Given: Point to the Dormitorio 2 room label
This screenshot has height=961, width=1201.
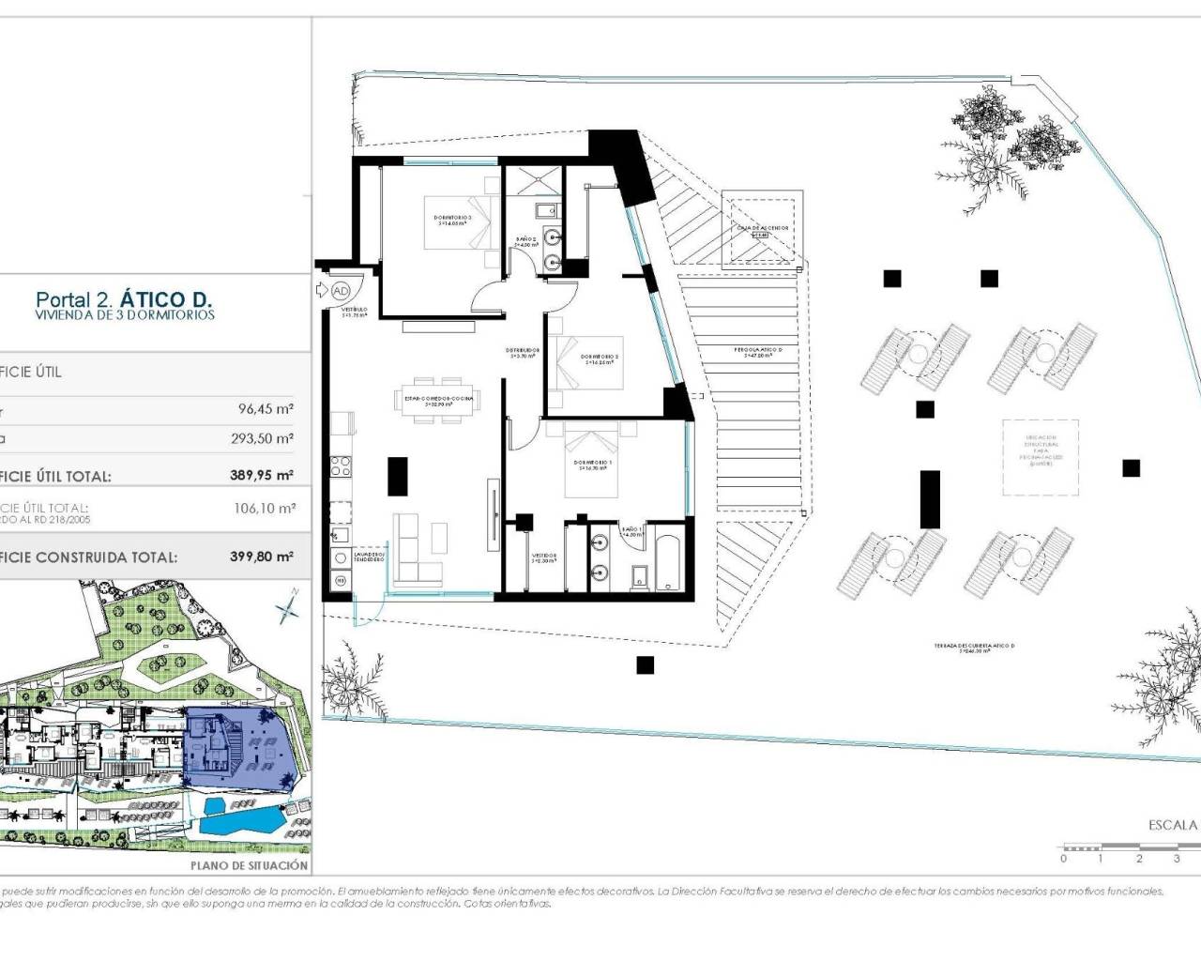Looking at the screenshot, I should point(599,358).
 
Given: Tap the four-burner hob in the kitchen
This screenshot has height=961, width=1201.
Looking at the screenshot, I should point(340,465).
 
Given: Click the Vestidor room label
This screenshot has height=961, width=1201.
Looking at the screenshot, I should point(543,557).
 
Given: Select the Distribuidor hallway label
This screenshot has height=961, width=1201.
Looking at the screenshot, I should point(523,353).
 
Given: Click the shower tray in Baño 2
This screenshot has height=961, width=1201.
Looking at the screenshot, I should point(531,180).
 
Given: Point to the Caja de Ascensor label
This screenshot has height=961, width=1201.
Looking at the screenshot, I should point(763,229).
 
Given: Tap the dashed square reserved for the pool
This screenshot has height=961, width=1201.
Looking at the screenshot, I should point(1040,456).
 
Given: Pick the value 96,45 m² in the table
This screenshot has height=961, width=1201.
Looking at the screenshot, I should point(266,409).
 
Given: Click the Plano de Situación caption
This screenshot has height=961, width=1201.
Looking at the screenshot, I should point(249,865).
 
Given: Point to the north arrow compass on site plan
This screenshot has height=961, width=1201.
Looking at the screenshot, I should point(287,611).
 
